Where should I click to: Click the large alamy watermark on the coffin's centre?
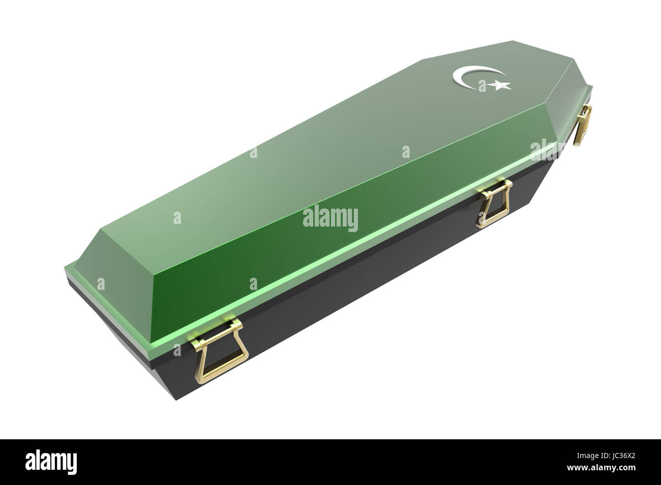pos(330,218)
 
